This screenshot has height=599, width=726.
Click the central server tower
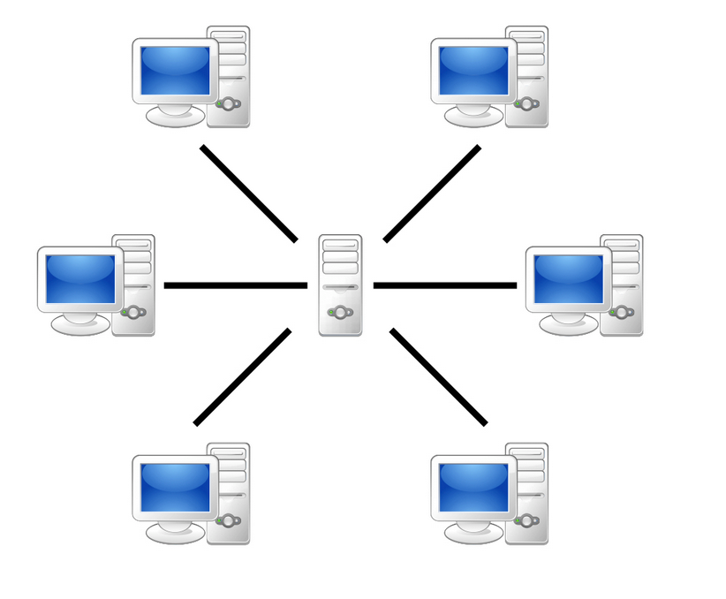[340, 284]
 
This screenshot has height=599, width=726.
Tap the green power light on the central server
[331, 312]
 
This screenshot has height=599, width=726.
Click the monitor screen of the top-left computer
[176, 70]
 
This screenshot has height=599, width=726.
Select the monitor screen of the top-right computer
[474, 70]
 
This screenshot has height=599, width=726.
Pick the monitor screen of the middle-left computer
[80, 278]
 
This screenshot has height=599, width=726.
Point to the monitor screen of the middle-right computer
[569, 278]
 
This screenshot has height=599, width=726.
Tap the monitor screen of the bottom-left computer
[176, 487]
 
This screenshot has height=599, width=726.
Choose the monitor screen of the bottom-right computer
[474, 487]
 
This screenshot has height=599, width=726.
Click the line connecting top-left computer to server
[249, 193]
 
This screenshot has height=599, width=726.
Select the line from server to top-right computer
[432, 193]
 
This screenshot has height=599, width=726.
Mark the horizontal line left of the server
[235, 285]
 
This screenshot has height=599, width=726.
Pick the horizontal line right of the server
[444, 285]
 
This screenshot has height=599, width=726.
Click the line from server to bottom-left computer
[242, 377]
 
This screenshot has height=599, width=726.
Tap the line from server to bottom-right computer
[438, 377]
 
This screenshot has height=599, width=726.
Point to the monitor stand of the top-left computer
[174, 116]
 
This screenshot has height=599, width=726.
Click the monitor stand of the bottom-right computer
[473, 533]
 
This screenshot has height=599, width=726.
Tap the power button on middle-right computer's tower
[623, 312]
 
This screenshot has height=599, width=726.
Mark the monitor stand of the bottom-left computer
[174, 533]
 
